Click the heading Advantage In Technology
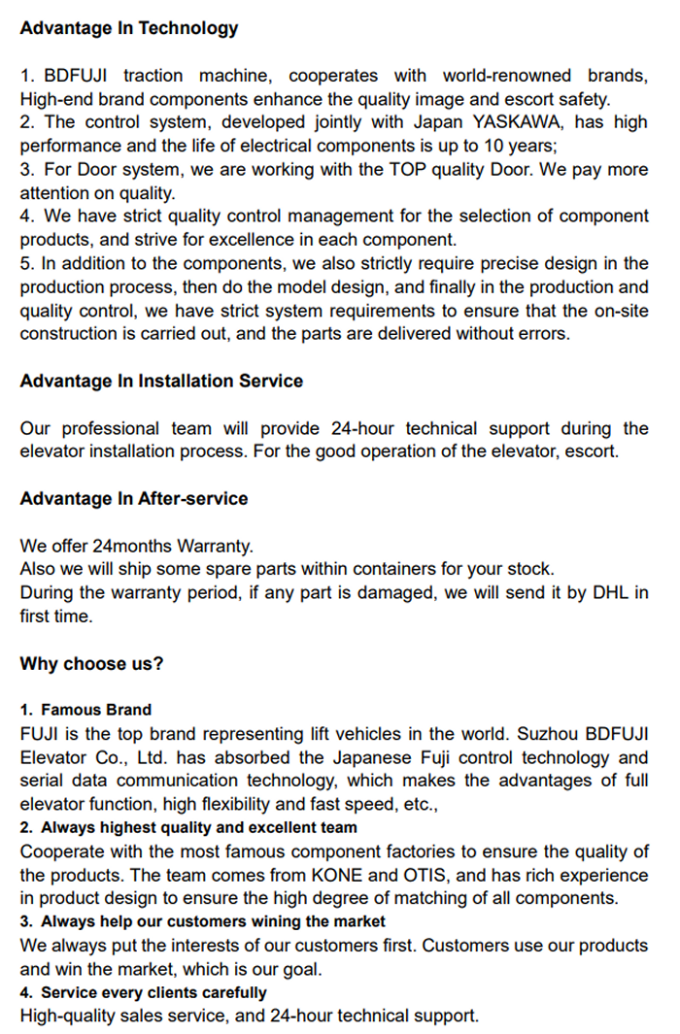[128, 28]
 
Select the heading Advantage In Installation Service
[161, 382]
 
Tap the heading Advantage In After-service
[134, 499]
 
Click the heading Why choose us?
[91, 664]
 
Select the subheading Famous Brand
[96, 710]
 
